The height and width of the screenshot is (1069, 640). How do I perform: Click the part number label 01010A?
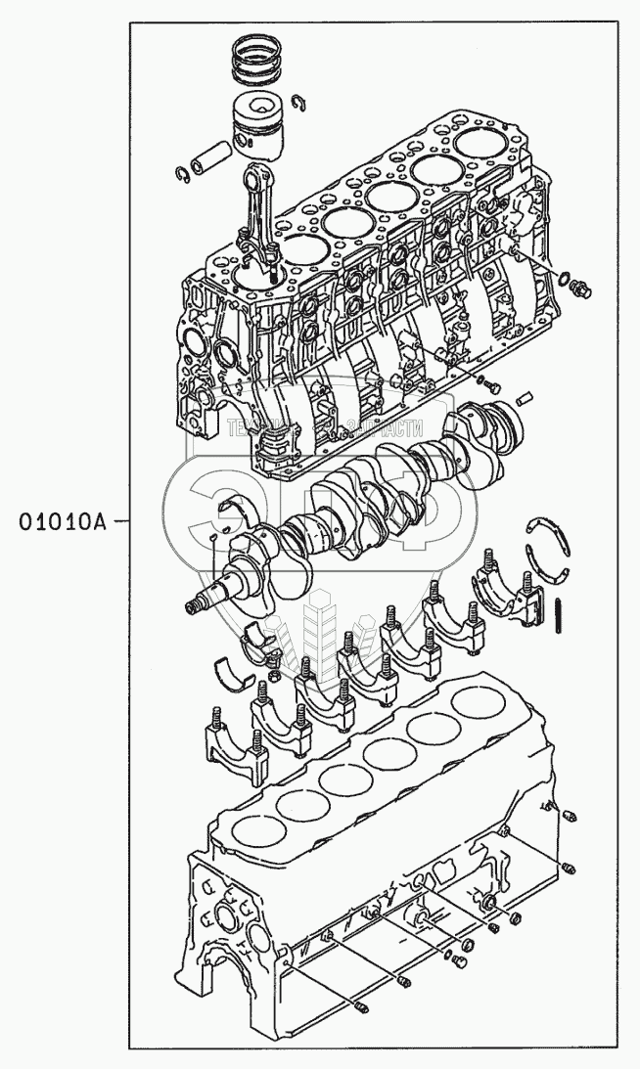pyautogui.click(x=61, y=520)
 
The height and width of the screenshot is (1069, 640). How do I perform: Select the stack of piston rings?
pyautogui.click(x=257, y=61)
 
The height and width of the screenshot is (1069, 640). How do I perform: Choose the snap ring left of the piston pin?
pyautogui.click(x=182, y=174)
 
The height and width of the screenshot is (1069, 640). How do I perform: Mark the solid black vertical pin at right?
pyautogui.click(x=559, y=615)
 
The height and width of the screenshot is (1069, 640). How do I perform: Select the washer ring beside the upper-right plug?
pyautogui.click(x=565, y=280)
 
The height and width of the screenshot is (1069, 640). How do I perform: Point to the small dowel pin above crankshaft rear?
pyautogui.click(x=524, y=397)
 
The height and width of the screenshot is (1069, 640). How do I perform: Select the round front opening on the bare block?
pyautogui.click(x=224, y=920)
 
